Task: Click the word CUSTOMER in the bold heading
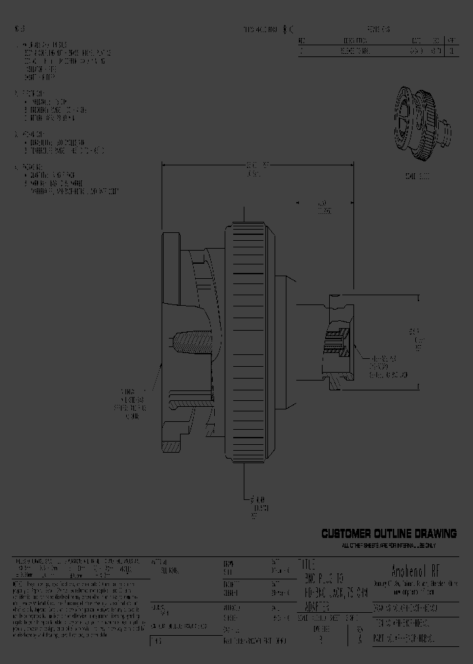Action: (x=347, y=533)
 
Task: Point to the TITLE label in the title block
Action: (x=307, y=564)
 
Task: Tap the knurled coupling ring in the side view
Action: (x=248, y=341)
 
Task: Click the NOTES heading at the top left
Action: (x=20, y=29)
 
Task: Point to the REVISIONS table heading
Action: (x=378, y=30)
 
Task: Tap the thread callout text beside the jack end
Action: (x=388, y=367)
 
